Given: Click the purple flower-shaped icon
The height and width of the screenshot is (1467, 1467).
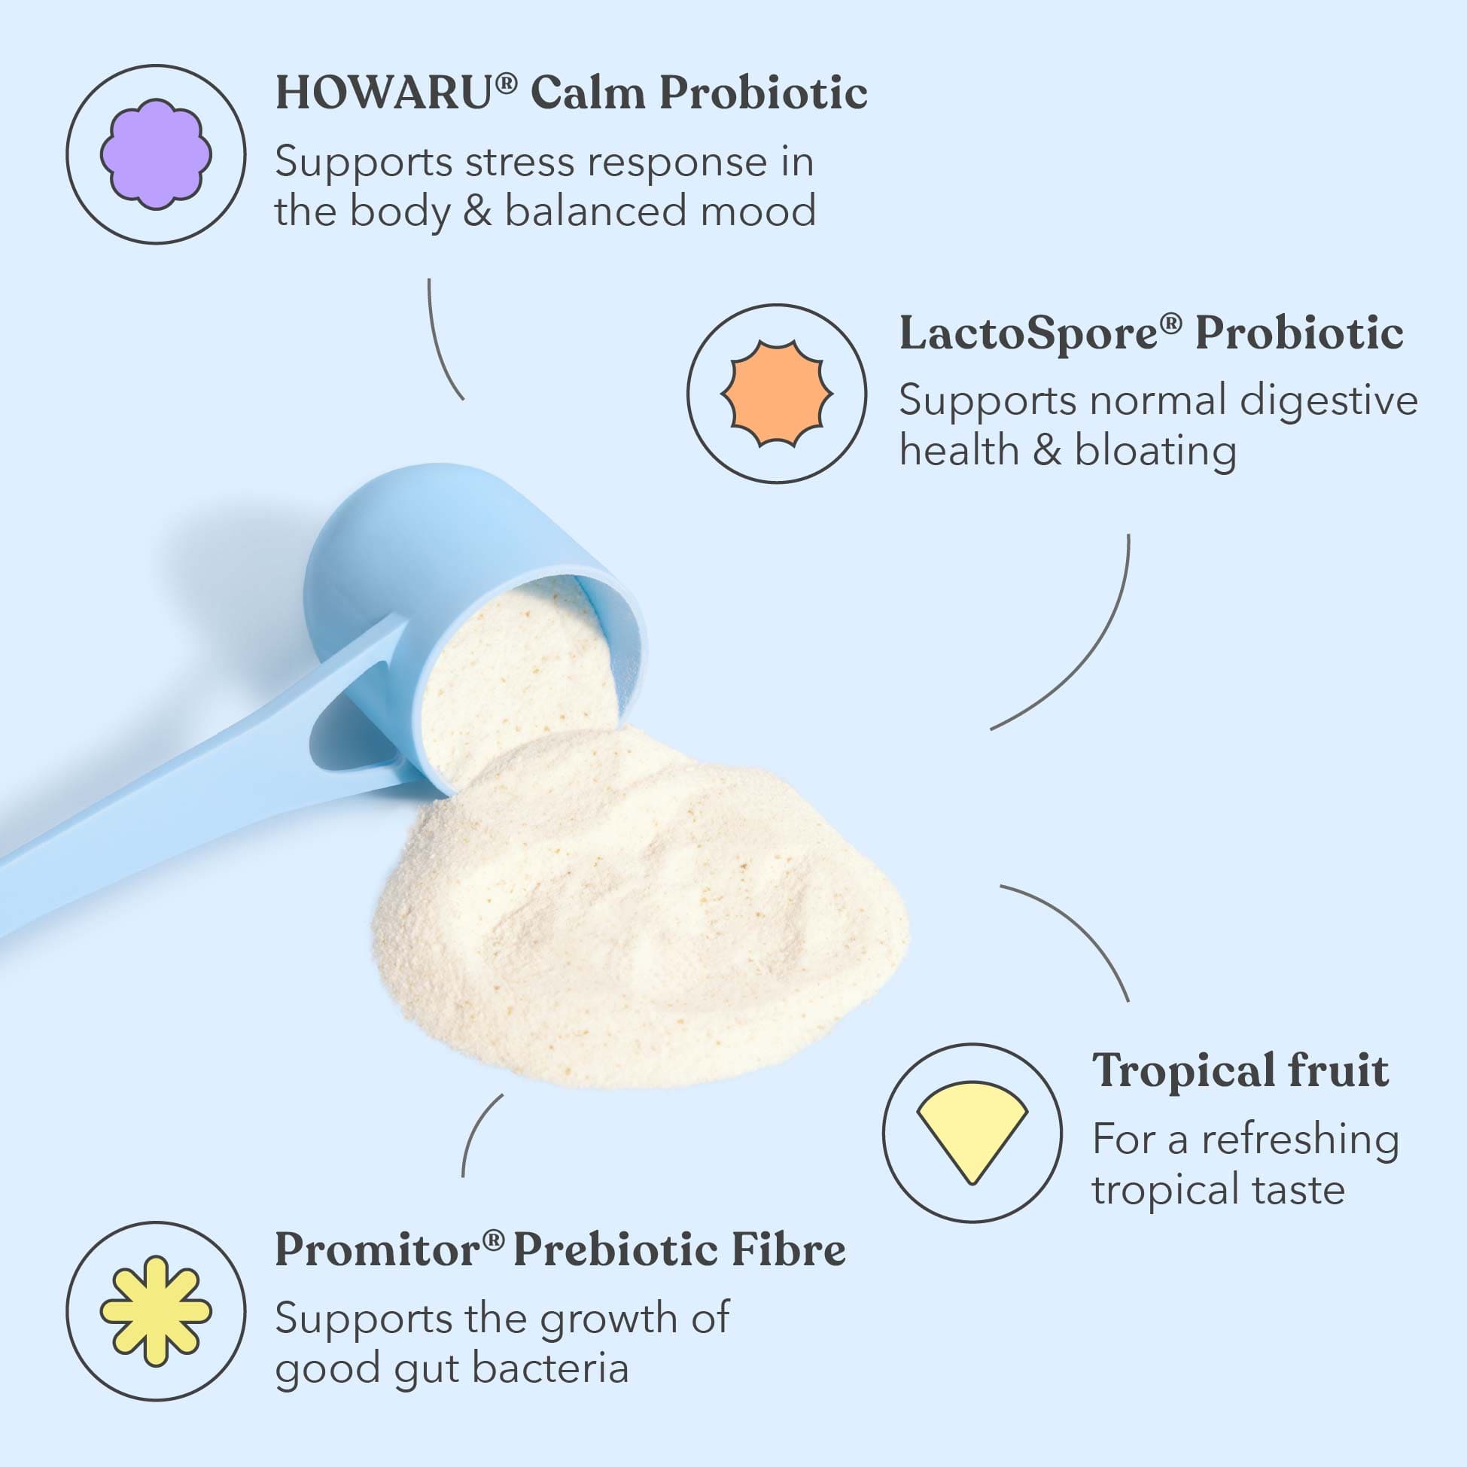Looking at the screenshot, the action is click(x=156, y=154).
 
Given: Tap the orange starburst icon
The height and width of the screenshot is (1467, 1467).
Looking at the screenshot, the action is click(x=777, y=394).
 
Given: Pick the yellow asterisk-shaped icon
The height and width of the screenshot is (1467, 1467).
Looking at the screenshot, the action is click(x=156, y=1311).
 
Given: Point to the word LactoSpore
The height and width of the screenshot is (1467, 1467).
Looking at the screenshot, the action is click(x=1030, y=334).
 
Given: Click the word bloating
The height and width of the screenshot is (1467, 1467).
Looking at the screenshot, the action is click(x=1155, y=450).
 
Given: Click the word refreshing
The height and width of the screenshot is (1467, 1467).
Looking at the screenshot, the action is click(x=1300, y=1140).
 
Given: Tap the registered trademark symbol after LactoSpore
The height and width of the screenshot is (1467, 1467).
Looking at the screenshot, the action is click(x=1172, y=324).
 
